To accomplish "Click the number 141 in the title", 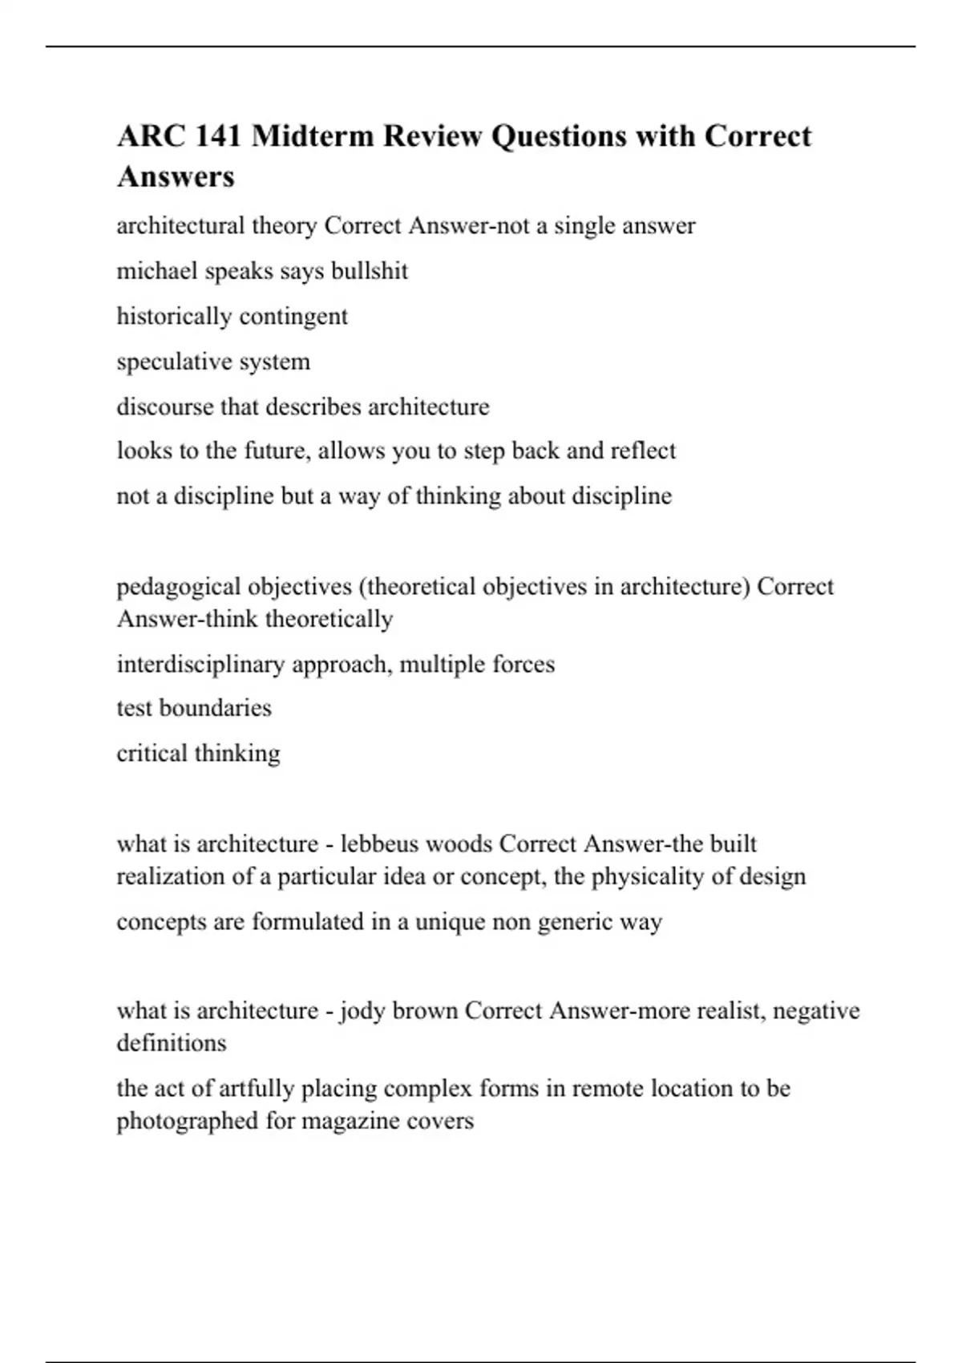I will [x=218, y=136].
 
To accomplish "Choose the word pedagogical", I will [x=178, y=587].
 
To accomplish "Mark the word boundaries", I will [x=216, y=708].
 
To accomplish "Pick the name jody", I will [x=363, y=1011].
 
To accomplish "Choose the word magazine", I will [x=352, y=1121].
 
